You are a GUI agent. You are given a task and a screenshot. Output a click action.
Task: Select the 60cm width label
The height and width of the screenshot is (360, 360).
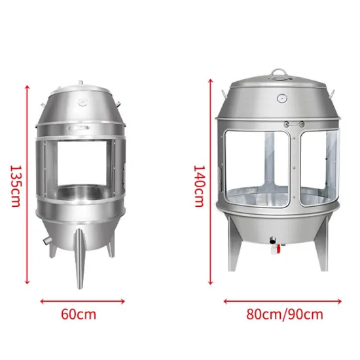78,314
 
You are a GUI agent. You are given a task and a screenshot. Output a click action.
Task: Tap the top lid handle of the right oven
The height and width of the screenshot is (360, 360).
280,73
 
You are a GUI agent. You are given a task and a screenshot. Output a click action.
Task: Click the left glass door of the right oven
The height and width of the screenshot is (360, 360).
249,167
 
